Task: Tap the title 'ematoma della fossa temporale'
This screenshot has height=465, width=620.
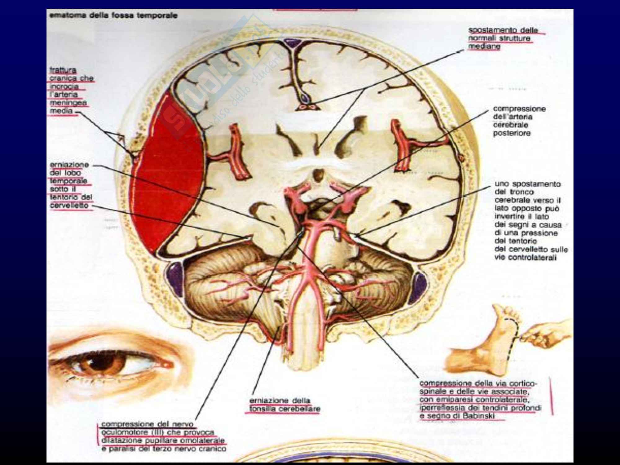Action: point(113,15)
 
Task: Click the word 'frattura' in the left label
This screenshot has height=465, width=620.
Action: point(63,70)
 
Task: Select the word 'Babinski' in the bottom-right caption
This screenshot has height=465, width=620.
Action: point(482,416)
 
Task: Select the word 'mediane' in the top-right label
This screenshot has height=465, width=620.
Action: point(484,46)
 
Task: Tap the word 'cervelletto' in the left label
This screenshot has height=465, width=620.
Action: point(69,206)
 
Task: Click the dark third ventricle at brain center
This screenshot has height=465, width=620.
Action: point(317,175)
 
